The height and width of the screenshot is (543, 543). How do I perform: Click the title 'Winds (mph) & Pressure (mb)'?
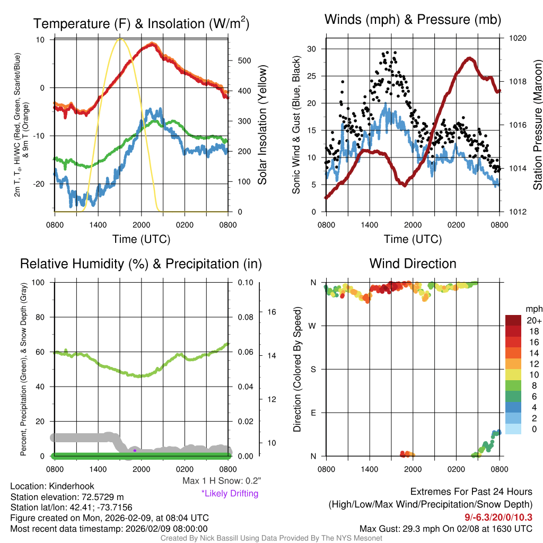[413, 20]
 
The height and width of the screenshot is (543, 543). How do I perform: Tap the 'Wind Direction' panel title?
[413, 264]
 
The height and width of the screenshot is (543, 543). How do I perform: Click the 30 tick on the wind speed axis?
[311, 49]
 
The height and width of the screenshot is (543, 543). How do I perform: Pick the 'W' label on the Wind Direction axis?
[313, 326]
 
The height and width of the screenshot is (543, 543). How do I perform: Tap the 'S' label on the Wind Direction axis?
[313, 369]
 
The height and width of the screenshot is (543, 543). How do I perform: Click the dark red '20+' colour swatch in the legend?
[513, 320]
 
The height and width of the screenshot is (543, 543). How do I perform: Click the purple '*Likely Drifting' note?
[230, 494]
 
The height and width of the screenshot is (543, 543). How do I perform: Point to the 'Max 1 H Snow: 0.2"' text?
[222, 481]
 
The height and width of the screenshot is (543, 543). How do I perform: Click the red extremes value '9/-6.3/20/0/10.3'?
[498, 516]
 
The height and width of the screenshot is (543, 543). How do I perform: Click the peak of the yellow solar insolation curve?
[120, 39]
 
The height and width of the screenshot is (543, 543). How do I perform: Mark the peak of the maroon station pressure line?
[469, 58]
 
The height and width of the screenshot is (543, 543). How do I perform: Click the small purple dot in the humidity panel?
[135, 450]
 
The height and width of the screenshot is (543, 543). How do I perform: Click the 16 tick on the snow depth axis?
[269, 312]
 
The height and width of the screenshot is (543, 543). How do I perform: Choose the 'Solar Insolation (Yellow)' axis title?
[262, 125]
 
